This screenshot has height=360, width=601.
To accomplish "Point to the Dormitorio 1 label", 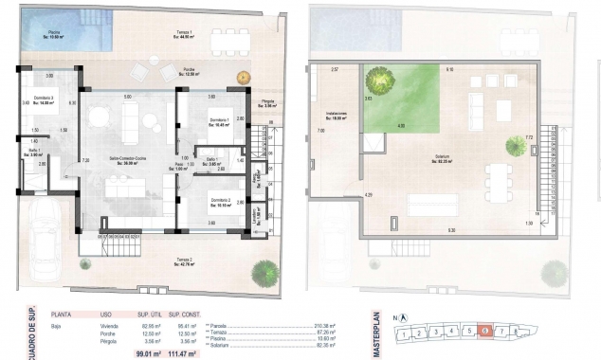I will click(221, 122).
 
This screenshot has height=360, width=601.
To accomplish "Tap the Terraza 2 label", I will click(183, 260).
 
